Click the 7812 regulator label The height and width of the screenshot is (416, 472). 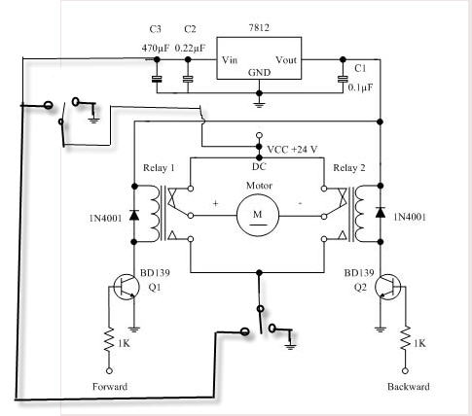(x=259, y=28)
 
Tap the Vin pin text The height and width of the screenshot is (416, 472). (x=230, y=60)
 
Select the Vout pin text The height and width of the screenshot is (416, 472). (x=286, y=60)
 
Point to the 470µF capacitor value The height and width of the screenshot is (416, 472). (x=156, y=49)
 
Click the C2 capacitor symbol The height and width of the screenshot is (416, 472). (x=188, y=79)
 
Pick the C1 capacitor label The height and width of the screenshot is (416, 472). (x=360, y=68)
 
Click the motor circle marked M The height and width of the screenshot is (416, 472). (x=258, y=215)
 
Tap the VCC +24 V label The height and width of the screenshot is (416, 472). (x=292, y=150)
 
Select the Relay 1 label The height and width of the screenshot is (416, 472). (x=159, y=168)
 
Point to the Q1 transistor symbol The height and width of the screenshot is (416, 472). (x=126, y=287)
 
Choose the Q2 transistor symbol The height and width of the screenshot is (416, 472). (x=387, y=287)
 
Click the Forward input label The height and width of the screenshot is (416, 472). (x=110, y=387)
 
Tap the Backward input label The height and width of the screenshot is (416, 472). (x=409, y=387)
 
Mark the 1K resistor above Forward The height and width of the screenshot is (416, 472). (x=109, y=339)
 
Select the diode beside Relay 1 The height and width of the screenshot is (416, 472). (x=134, y=215)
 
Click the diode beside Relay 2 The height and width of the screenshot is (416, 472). (x=381, y=212)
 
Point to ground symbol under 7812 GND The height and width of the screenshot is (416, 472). (x=259, y=104)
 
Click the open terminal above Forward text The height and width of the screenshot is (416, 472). (x=109, y=370)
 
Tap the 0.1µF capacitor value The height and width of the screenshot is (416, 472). (x=360, y=87)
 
